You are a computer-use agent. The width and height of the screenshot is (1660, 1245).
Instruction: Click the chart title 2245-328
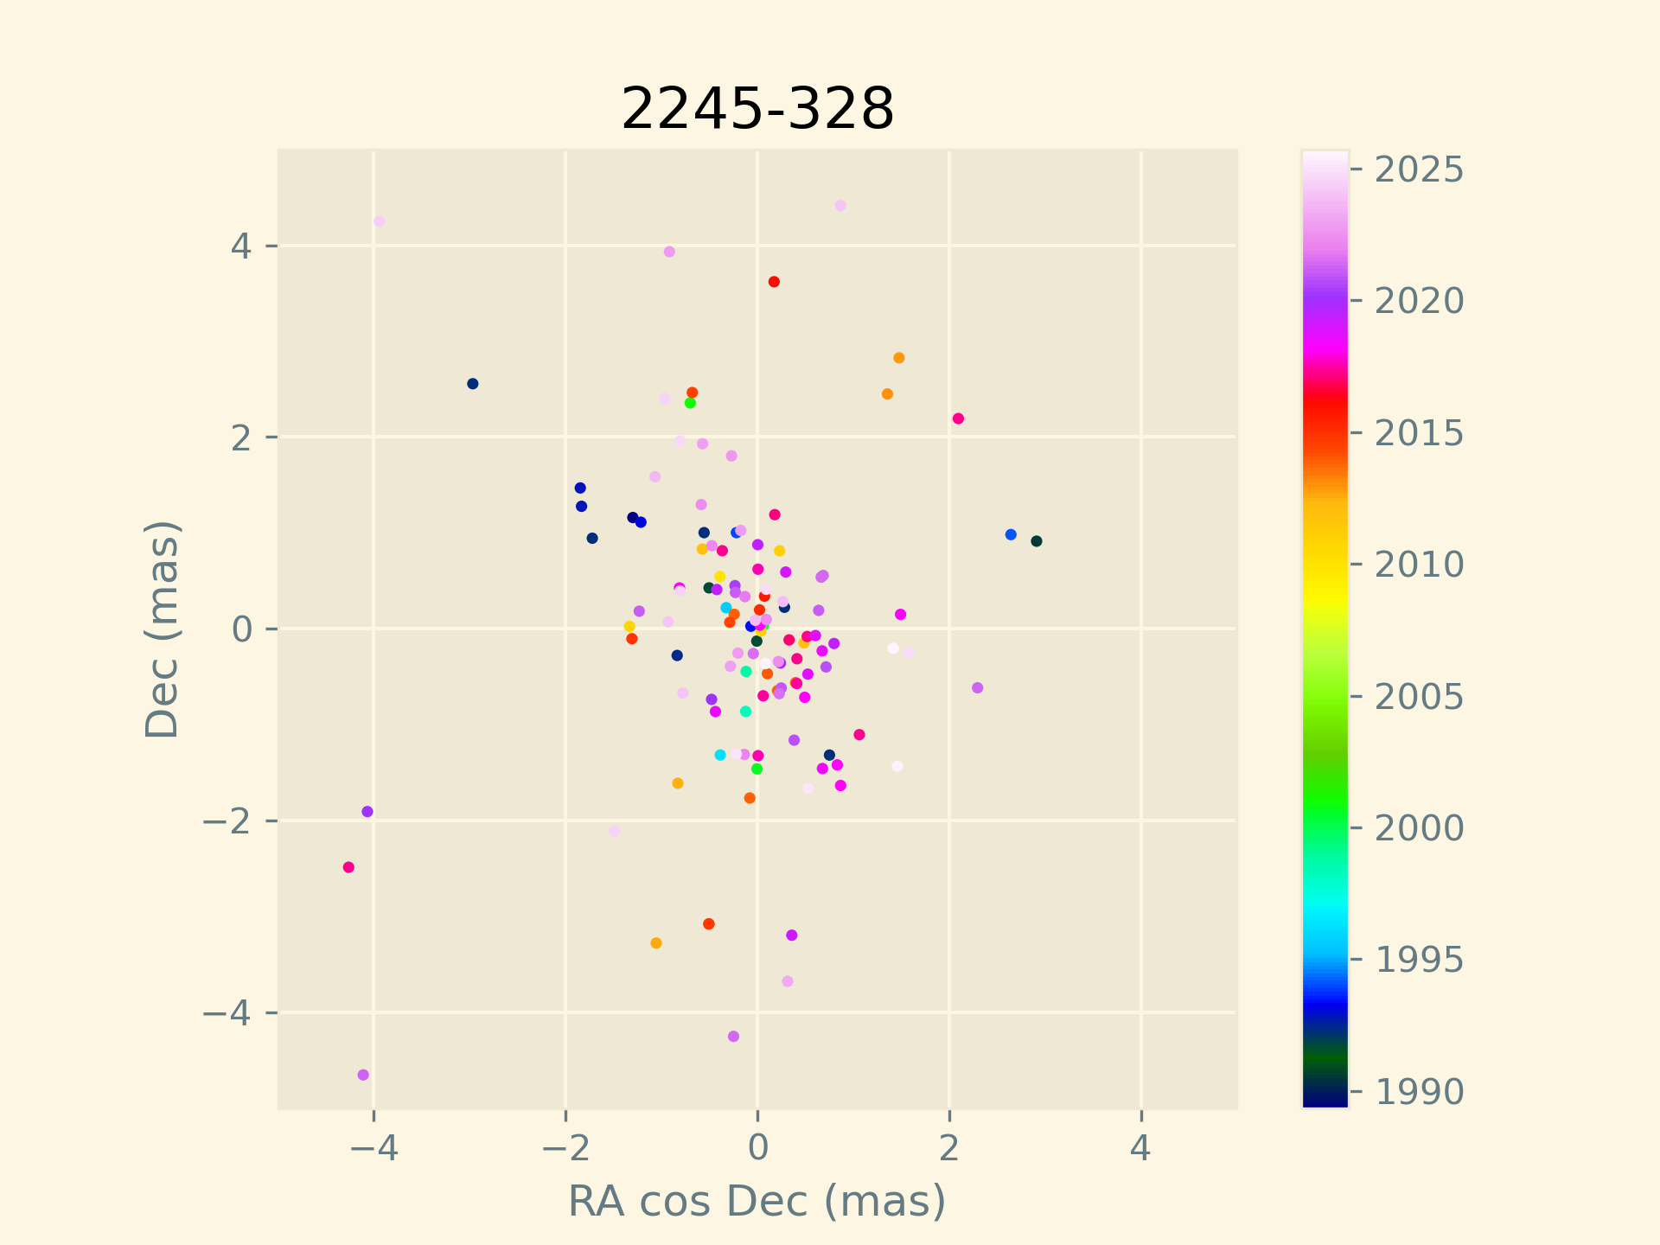[757, 109]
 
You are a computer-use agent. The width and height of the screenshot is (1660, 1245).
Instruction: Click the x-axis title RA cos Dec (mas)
[757, 1201]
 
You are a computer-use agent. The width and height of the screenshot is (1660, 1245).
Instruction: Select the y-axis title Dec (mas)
[162, 629]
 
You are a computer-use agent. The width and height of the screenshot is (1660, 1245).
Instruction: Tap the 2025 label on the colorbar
[1419, 170]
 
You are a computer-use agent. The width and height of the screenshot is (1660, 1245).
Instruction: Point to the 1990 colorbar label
[1419, 1092]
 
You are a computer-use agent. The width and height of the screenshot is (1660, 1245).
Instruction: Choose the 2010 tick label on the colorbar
[1419, 565]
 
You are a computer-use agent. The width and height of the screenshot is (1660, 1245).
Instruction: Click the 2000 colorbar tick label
[1419, 828]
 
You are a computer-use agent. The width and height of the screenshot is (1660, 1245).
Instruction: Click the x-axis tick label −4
[373, 1149]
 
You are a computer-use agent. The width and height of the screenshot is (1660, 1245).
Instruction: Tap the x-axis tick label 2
[949, 1149]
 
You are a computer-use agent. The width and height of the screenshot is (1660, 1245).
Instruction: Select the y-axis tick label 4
[240, 246]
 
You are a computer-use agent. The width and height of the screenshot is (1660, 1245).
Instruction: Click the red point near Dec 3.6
[774, 282]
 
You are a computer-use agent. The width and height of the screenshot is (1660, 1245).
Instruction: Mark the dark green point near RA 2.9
[1036, 541]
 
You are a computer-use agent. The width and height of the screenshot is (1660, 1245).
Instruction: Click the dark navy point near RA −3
[472, 384]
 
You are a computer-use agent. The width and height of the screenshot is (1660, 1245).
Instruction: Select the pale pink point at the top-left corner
[379, 221]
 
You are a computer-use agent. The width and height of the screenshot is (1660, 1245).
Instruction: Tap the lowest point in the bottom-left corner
[363, 1075]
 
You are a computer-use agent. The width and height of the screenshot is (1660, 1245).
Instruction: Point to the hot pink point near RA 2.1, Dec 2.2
[958, 418]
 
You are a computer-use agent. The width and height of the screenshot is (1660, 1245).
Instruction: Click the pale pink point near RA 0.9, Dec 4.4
[840, 206]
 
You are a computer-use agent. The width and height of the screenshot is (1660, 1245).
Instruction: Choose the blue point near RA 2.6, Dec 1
[1011, 534]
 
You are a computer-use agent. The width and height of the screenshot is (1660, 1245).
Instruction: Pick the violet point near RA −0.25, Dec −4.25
[733, 1036]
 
